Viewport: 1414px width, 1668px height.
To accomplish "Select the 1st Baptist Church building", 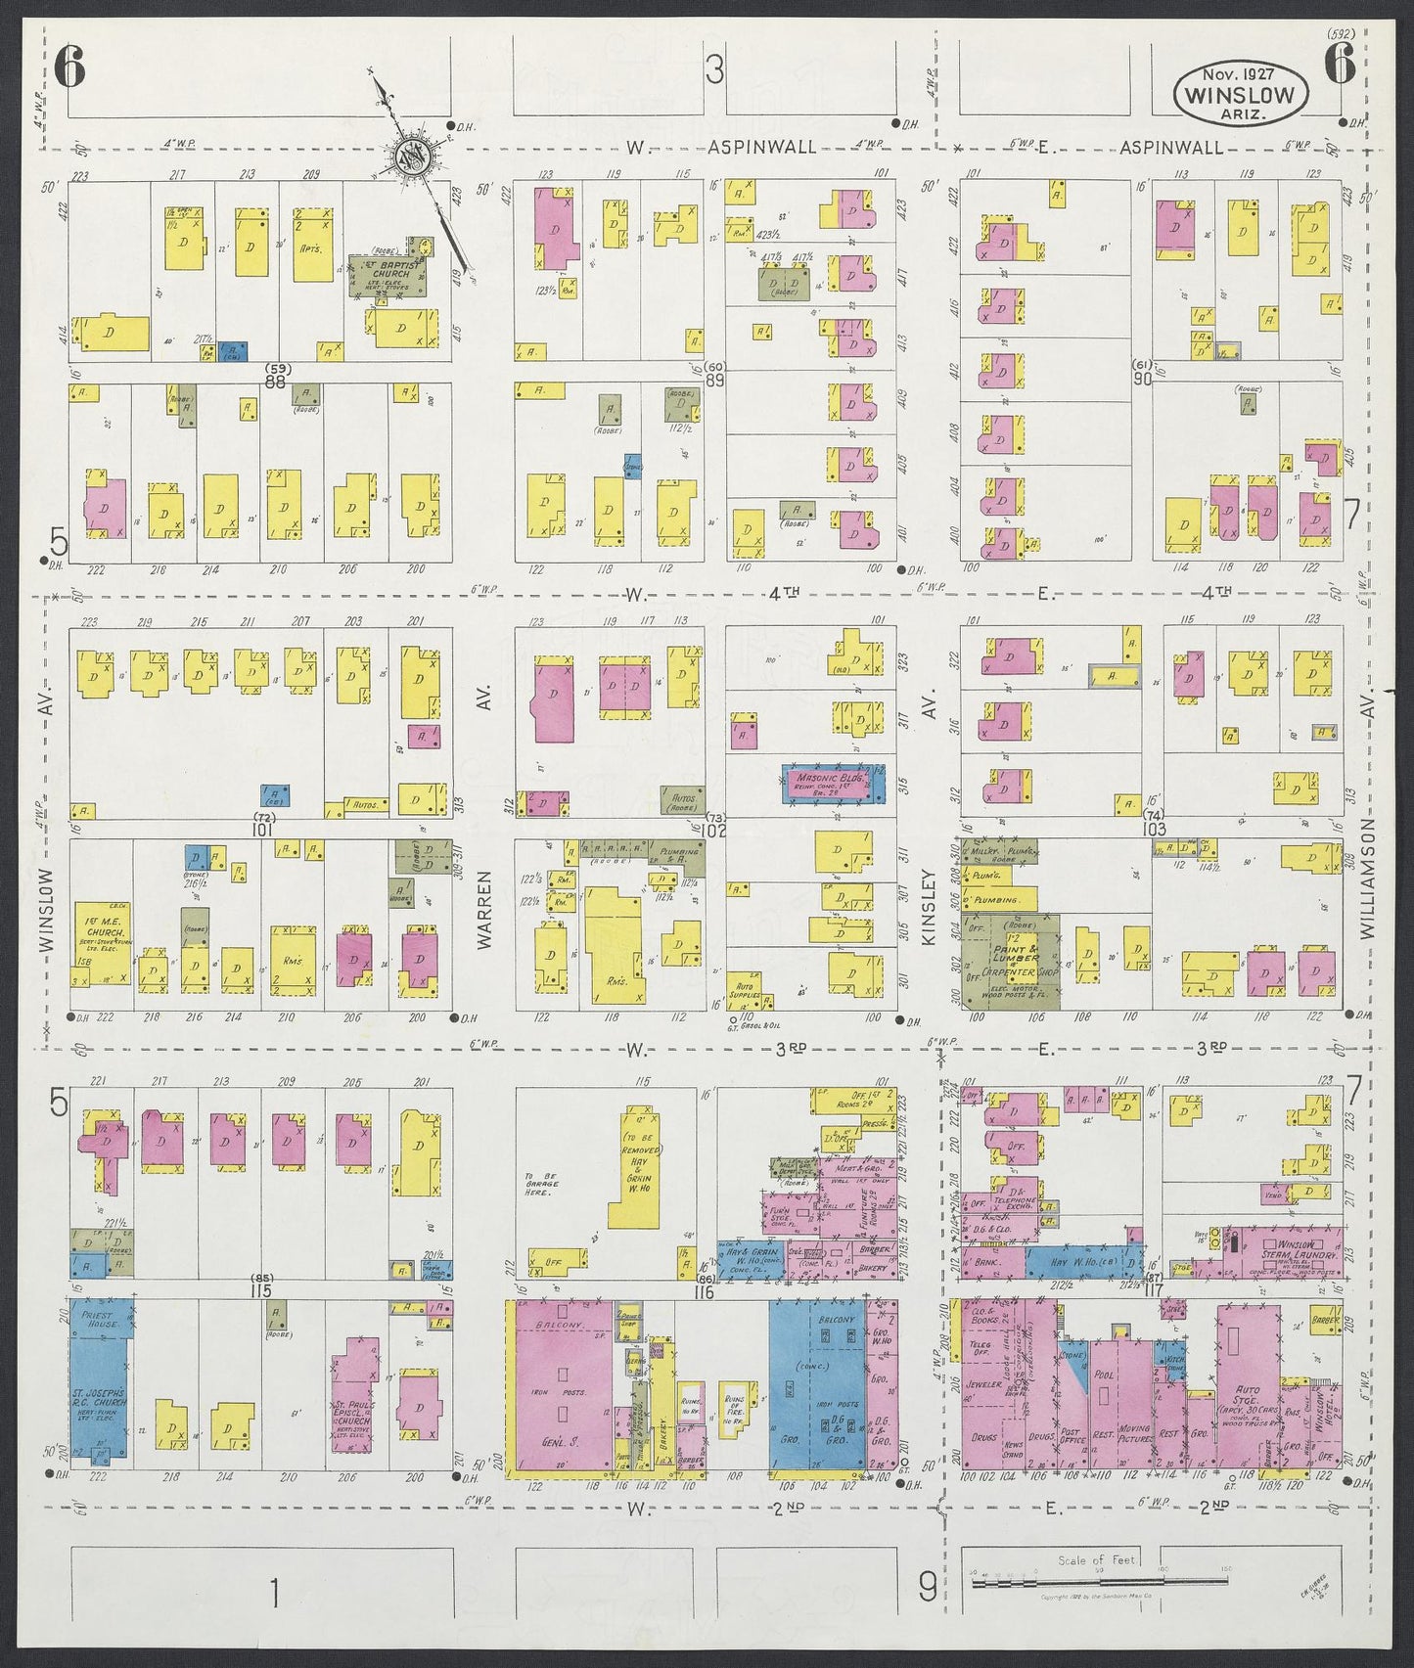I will pos(388,276).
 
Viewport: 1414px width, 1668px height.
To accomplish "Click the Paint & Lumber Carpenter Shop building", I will pos(1008,962).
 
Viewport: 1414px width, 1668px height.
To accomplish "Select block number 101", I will pos(261,830).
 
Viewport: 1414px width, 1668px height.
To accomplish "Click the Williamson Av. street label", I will pos(1367,880).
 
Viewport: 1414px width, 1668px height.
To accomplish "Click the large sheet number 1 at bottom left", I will pos(275,1595).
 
